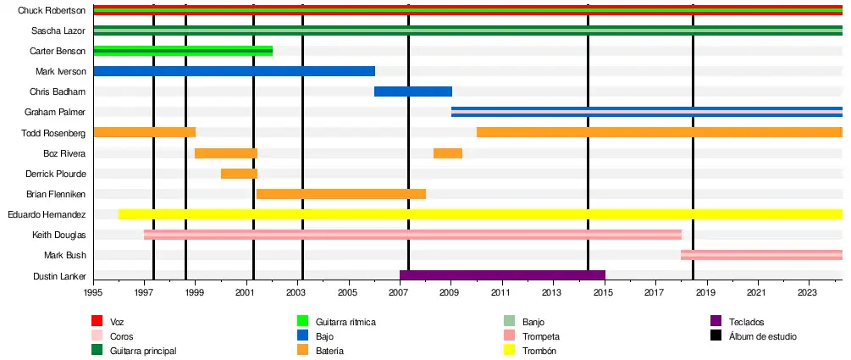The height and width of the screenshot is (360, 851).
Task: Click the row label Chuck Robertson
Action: [52, 10]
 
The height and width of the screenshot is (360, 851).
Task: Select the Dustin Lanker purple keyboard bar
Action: [502, 275]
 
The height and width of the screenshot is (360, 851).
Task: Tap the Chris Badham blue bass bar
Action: [413, 91]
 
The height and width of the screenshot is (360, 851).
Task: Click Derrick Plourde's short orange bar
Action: [239, 174]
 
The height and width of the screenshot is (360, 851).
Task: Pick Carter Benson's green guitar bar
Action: [183, 51]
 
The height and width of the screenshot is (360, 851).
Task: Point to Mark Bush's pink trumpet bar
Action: [761, 255]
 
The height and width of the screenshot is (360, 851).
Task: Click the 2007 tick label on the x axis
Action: [400, 292]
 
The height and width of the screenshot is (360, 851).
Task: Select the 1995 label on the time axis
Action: [93, 292]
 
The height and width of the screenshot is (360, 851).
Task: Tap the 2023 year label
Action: [810, 292]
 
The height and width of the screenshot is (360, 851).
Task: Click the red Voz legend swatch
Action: [97, 321]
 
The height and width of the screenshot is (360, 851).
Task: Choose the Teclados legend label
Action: [745, 322]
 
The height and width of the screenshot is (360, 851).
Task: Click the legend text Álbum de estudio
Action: [762, 336]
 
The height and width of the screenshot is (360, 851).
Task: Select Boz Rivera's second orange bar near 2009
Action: [448, 153]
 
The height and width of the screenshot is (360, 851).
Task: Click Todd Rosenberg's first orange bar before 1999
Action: [144, 132]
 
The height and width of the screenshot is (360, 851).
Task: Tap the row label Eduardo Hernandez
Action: [47, 214]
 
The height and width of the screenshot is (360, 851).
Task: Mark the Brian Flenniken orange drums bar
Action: [340, 194]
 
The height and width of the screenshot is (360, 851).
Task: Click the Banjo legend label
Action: [534, 322]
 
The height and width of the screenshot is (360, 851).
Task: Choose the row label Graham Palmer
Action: [55, 112]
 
